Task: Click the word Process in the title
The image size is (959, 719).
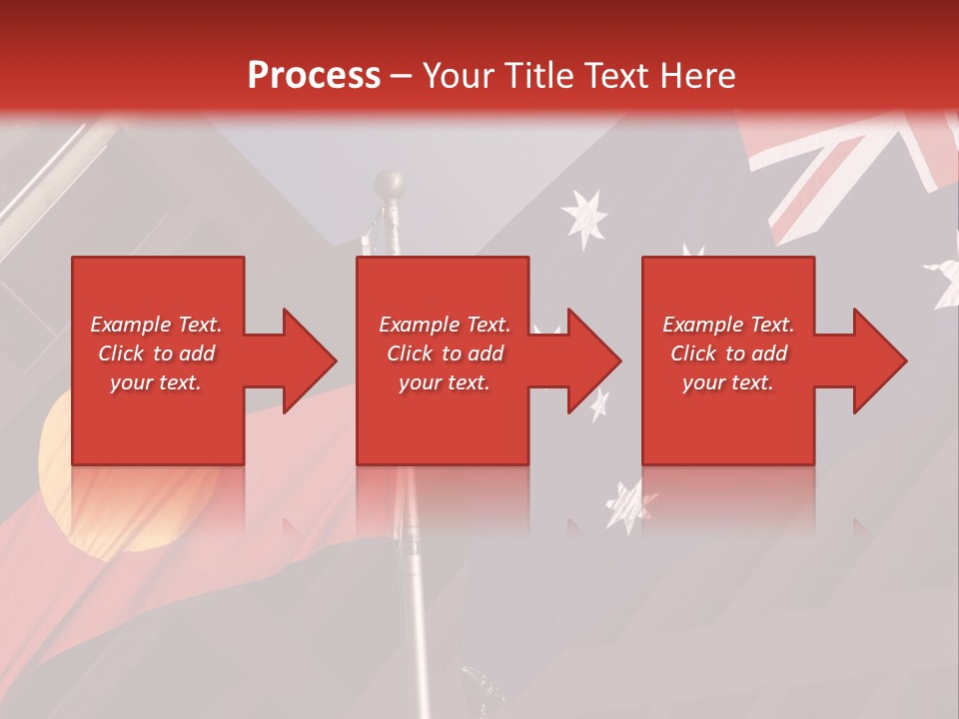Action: tap(314, 75)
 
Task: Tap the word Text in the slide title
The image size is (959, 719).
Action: tap(619, 75)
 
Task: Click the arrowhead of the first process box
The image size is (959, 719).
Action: tap(310, 360)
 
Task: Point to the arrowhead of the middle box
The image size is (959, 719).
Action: tap(595, 360)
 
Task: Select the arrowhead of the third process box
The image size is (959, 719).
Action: tap(880, 360)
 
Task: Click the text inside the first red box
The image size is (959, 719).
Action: tap(156, 354)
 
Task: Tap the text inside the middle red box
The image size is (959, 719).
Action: tap(444, 354)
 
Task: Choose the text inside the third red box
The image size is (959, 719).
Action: tap(728, 354)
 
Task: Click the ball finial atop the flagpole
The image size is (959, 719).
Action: tap(390, 184)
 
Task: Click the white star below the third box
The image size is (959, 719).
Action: tap(628, 504)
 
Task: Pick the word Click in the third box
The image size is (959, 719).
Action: tap(693, 354)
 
